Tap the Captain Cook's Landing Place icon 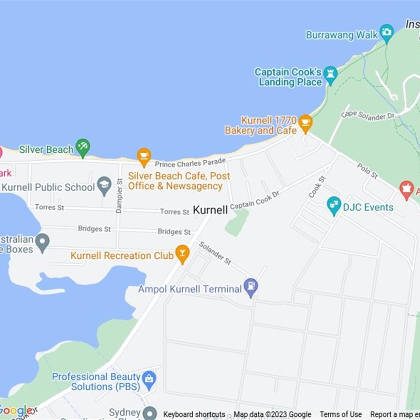coord(330,75)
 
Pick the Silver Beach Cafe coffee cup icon coord(144,156)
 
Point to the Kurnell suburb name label coord(210,210)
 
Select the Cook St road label coord(317,187)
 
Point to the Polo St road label coord(367,170)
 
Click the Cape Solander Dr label coord(367,114)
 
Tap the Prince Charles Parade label coord(190,163)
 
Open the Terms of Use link coord(341,414)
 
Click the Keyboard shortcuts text coord(194,414)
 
